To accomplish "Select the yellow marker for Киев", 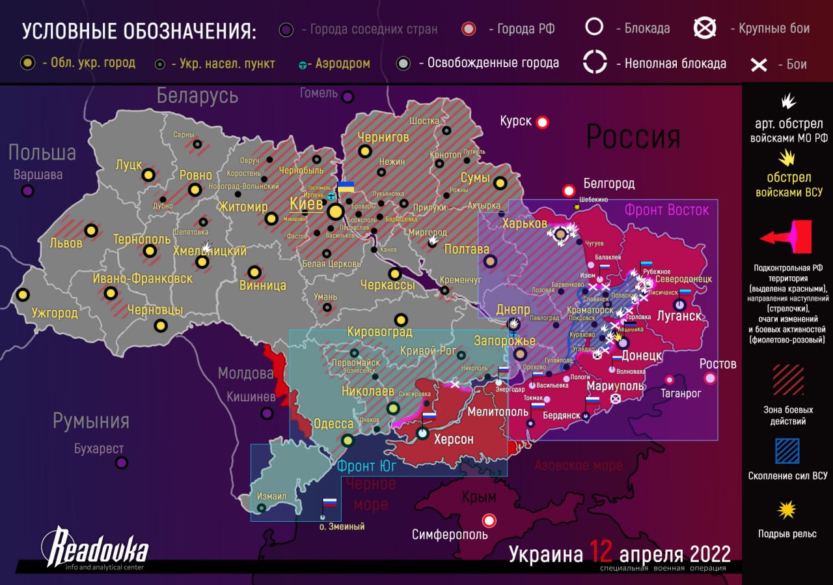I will pos(336,212).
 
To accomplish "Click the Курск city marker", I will pos(542,122).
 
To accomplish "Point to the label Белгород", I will pos(608,184).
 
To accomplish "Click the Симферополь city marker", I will pos(489,521).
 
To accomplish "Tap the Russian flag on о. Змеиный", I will pos(330,503).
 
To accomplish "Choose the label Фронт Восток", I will pos(666,210).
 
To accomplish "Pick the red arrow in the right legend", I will pos(786,237).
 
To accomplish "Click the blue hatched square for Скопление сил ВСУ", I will pos(787,451).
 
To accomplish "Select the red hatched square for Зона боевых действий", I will pos(787,380).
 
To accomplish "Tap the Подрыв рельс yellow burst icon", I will pos(787,509).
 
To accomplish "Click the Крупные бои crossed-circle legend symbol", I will pos(705,28).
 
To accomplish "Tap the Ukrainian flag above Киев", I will pos(346,187).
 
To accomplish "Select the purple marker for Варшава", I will pos(27,191).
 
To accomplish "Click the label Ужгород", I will pos(55,313).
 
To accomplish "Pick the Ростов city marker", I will pos(710,378).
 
